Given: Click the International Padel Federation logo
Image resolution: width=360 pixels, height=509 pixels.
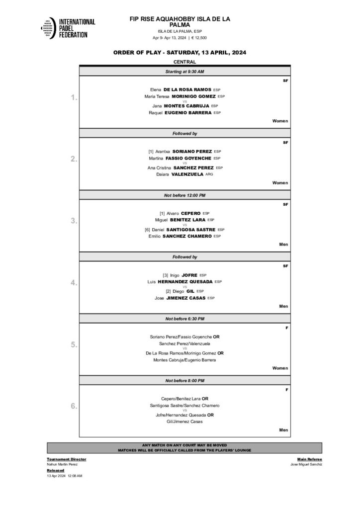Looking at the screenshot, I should pyautogui.click(x=68, y=28).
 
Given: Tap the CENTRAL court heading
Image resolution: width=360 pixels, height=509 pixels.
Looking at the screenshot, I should pyautogui.click(x=184, y=62).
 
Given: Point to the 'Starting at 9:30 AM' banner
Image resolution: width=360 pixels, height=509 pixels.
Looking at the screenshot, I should pyautogui.click(x=184, y=72).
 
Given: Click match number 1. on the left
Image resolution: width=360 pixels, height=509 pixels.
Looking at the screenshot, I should pyautogui.click(x=75, y=98).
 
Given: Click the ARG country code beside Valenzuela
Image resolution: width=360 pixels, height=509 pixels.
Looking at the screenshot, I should pyautogui.click(x=209, y=174).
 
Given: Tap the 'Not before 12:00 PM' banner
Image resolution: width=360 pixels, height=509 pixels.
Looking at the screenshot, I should pyautogui.click(x=184, y=195).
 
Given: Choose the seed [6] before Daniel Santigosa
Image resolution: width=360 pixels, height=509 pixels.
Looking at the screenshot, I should pyautogui.click(x=148, y=230).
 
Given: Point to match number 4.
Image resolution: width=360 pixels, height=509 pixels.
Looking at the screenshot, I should pyautogui.click(x=75, y=283).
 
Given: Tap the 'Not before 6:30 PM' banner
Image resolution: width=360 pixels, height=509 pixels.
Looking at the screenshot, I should pyautogui.click(x=184, y=319).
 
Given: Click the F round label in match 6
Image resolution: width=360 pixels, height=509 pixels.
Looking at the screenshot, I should pyautogui.click(x=286, y=389).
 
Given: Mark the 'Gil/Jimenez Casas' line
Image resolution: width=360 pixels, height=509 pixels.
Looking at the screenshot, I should pyautogui.click(x=184, y=422).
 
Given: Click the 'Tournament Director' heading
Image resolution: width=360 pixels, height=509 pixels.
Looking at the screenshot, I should pyautogui.click(x=67, y=459).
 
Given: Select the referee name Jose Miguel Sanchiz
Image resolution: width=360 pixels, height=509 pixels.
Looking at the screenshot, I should pyautogui.click(x=306, y=464).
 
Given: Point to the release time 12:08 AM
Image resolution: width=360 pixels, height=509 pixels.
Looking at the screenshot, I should pyautogui.click(x=75, y=476).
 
